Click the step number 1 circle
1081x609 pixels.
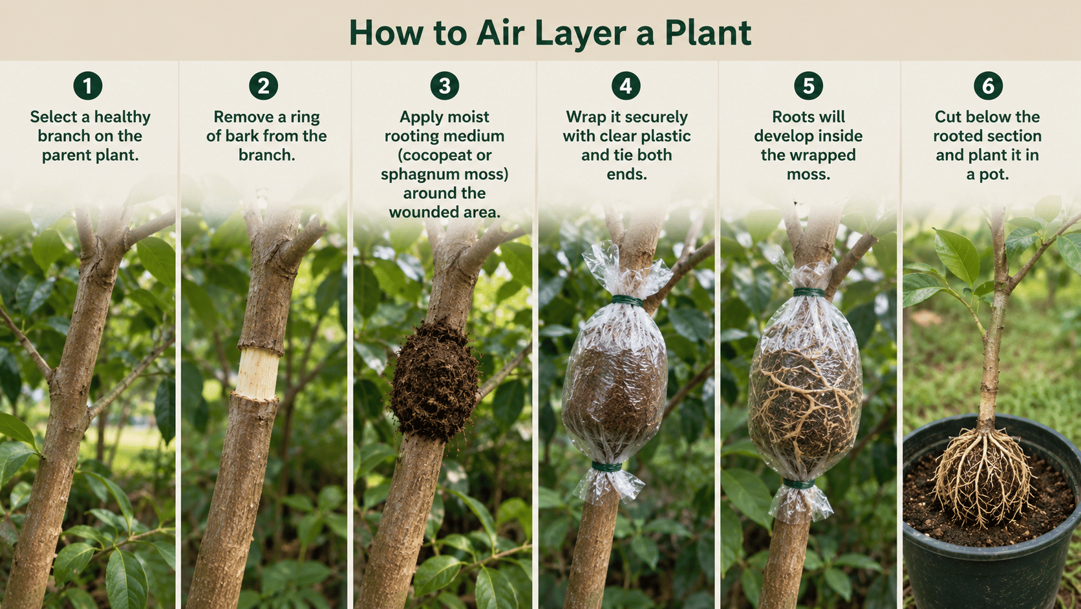coord(88,86)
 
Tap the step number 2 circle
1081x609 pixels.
coord(264,86)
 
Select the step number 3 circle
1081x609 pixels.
coord(444,86)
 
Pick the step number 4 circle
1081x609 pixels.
coord(626,86)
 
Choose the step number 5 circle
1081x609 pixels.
coord(808,86)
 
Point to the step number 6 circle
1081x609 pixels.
coord(988,86)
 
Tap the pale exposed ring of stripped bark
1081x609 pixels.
coord(257,374)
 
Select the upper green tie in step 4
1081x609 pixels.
coord(627,301)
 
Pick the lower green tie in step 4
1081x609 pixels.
coord(606,467)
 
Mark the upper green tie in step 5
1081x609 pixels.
coord(809,292)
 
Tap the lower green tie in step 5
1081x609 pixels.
coord(798,483)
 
